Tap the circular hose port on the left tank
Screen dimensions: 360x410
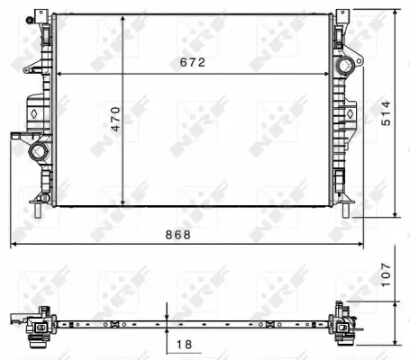(38, 151)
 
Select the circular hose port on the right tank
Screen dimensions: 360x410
(347, 66)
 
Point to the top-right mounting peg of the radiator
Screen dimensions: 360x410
(342, 15)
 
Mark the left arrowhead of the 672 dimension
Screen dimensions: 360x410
(59, 71)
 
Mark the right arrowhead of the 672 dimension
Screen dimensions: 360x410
(330, 71)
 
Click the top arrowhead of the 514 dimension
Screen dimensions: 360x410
(396, 13)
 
